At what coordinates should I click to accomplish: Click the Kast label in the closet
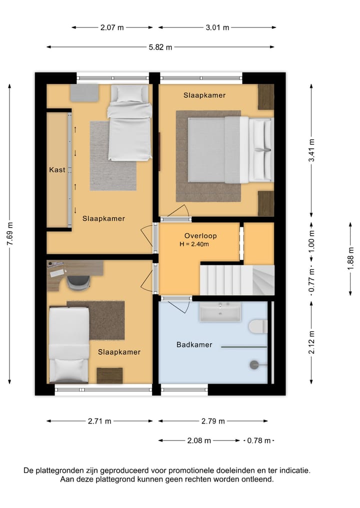pyautogui.click(x=57, y=169)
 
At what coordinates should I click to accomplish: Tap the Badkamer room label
pyautogui.click(x=194, y=344)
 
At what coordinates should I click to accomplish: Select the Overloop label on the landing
pyautogui.click(x=200, y=236)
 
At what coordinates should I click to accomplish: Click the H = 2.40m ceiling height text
pyautogui.click(x=194, y=244)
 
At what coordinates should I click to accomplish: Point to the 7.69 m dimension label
pyautogui.click(x=10, y=233)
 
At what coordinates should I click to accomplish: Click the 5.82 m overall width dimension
pyautogui.click(x=160, y=47)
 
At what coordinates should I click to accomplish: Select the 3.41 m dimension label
pyautogui.click(x=311, y=150)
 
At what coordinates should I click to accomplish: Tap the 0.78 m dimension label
pyautogui.click(x=259, y=441)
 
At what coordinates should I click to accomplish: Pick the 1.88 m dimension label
pyautogui.click(x=350, y=259)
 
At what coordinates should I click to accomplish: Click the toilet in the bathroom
pyautogui.click(x=258, y=327)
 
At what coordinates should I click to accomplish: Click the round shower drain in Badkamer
pyautogui.click(x=254, y=365)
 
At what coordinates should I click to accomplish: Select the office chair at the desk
pyautogui.click(x=78, y=282)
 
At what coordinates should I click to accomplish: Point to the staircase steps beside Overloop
pyautogui.click(x=237, y=280)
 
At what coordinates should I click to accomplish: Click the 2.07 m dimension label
pyautogui.click(x=112, y=27)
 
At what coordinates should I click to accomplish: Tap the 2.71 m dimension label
pyautogui.click(x=99, y=421)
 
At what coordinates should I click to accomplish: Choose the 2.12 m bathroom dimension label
pyautogui.click(x=311, y=343)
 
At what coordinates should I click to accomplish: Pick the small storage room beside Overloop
pyautogui.click(x=259, y=243)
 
